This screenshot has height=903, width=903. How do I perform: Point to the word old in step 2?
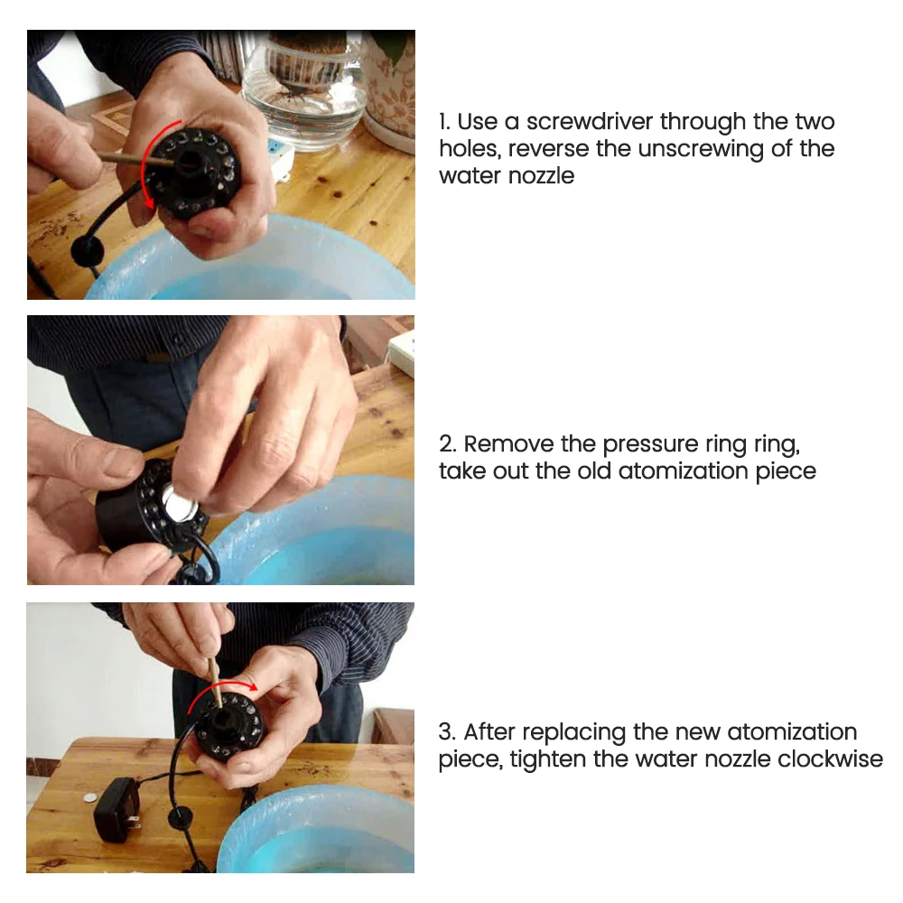click(594, 471)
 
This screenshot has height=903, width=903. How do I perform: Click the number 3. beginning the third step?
click(448, 732)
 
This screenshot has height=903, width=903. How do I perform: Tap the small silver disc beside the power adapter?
click(88, 797)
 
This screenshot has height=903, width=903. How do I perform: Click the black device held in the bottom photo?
click(228, 727)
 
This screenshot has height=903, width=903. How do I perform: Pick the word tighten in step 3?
click(548, 759)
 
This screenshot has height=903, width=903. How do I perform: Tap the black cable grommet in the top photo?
click(88, 250)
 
